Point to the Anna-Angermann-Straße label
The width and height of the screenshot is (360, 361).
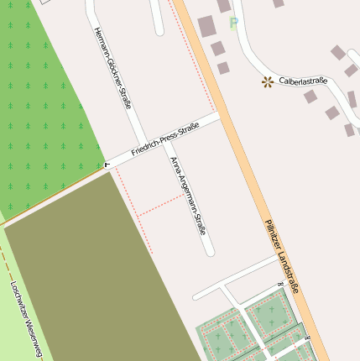click(x=187, y=195)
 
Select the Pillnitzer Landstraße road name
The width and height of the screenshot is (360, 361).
click(x=281, y=255)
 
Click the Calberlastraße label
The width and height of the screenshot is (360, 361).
click(x=302, y=81)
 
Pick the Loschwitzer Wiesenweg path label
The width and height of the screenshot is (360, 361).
click(x=24, y=318)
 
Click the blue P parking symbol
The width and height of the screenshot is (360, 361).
click(x=233, y=24)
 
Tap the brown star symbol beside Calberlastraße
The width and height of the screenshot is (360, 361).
click(x=267, y=81)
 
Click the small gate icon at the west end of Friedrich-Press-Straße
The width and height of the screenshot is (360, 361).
click(x=107, y=165)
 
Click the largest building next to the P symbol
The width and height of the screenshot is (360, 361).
click(x=206, y=27)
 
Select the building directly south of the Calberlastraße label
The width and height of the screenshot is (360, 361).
click(x=310, y=97)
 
